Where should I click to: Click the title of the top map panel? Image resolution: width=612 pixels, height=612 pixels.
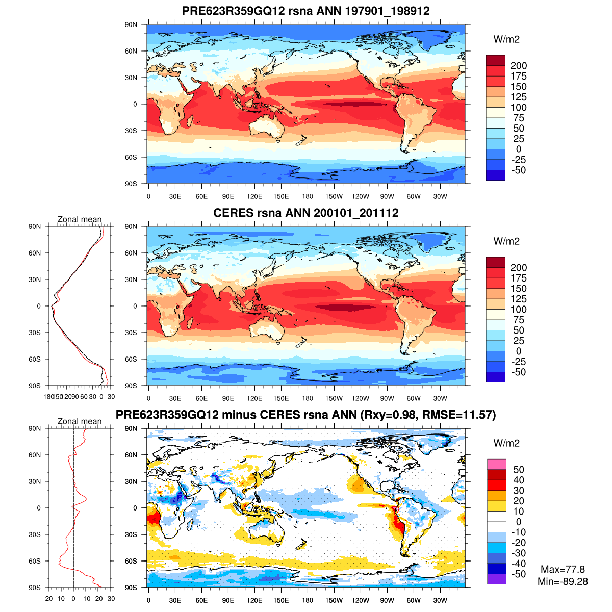305,11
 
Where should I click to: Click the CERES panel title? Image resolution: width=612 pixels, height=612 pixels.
305,213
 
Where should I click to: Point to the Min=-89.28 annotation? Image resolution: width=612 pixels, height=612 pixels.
563,581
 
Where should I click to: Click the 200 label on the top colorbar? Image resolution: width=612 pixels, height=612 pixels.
519,66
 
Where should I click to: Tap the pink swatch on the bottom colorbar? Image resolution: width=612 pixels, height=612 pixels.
496,464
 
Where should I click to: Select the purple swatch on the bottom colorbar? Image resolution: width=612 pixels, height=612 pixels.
496,579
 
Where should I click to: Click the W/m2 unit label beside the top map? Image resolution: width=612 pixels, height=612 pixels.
506,40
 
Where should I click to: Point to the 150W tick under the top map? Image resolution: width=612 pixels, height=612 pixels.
334,197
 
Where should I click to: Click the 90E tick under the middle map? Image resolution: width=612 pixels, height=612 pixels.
228,399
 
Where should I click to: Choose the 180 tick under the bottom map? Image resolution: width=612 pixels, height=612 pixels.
308,601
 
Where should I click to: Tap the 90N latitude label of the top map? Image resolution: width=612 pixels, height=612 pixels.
132,24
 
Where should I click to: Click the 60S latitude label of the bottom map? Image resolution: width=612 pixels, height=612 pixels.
132,561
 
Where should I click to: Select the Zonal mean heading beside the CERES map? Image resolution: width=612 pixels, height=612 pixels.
80,220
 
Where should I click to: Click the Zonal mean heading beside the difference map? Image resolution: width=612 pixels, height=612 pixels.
80,422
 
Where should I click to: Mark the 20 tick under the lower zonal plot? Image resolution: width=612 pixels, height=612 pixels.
49,599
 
